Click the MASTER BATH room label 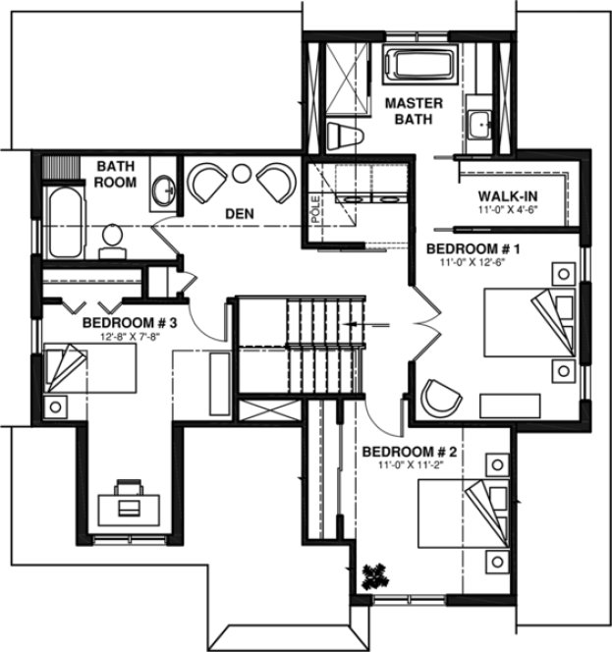(414, 111)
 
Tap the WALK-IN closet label (507, 194)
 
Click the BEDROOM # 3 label (130, 322)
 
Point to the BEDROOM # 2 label (410, 452)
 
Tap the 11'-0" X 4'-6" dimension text (508, 210)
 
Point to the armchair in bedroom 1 (440, 397)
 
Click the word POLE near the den (316, 210)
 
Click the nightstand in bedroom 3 (56, 405)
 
